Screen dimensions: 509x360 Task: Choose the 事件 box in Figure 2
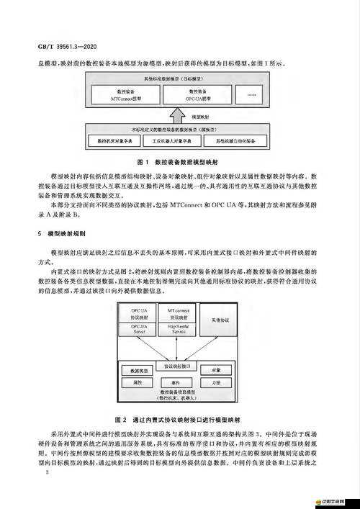pyautogui.click(x=176, y=383)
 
